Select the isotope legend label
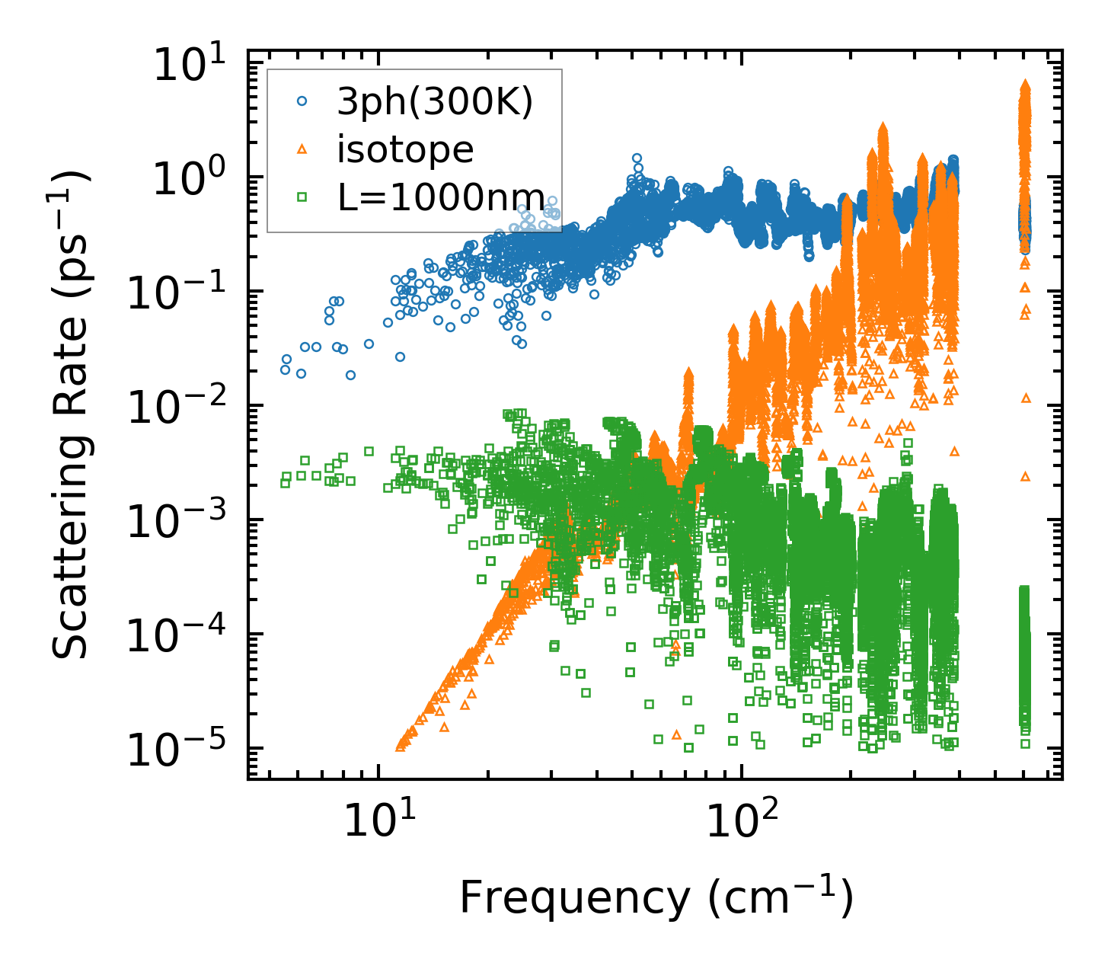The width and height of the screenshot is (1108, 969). coord(405,150)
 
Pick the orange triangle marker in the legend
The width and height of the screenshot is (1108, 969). coord(302,150)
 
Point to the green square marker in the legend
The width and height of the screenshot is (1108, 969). coord(302,197)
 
